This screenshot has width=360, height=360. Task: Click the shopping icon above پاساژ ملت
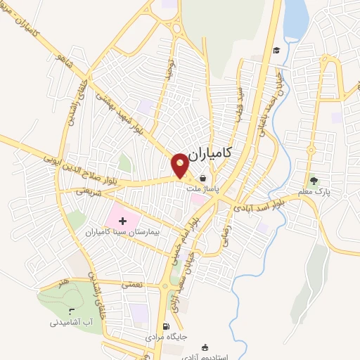pyautogui.click(x=203, y=178)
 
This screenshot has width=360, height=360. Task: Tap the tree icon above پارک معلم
pyautogui.click(x=314, y=179)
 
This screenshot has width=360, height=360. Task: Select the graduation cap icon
pyautogui.click(x=277, y=51)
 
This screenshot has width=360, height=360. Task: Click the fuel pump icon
pyautogui.click(x=166, y=326)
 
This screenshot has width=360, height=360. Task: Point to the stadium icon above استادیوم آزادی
pyautogui.click(x=205, y=347)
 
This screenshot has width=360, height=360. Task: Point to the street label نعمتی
pyautogui.click(x=131, y=285)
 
